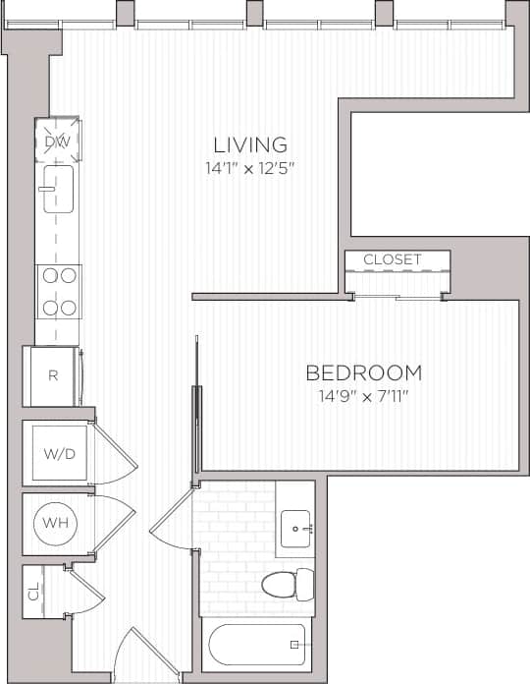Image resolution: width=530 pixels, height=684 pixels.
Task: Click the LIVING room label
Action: tap(251, 144)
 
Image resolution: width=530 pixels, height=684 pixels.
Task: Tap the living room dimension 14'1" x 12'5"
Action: tap(251, 168)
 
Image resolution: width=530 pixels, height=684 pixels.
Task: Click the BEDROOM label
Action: tap(363, 373)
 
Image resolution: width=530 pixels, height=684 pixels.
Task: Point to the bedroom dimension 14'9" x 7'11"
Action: tap(363, 396)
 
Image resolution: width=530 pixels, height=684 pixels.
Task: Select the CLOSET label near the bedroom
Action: tap(392, 259)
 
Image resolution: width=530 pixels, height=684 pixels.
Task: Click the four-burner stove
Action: tap(57, 292)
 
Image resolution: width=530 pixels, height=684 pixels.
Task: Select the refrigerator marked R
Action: tap(53, 375)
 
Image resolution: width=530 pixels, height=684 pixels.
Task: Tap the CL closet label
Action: tap(33, 593)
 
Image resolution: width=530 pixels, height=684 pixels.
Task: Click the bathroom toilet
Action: tap(288, 584)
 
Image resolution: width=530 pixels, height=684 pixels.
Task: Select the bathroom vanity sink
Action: tap(295, 529)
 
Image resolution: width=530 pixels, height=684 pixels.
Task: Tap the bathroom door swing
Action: tap(172, 521)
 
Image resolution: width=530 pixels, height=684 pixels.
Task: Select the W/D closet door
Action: tap(116, 452)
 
